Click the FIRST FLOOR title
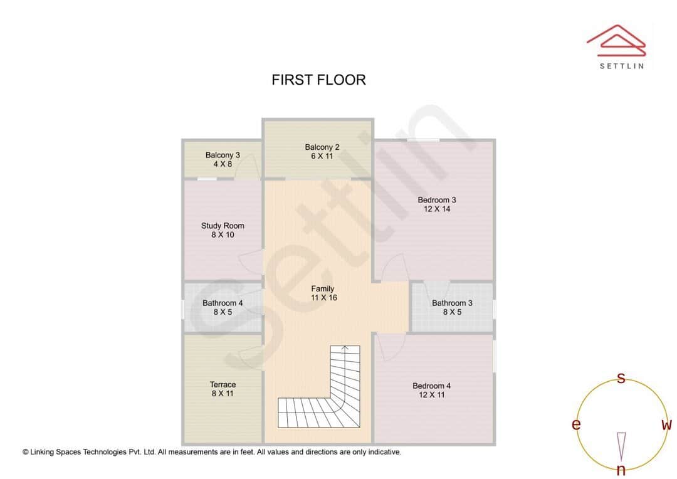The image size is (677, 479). coord(318,80)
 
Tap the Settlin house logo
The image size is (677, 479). coord(616,39)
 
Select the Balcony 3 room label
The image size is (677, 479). coord(223,155)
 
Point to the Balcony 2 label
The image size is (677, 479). coord(322,147)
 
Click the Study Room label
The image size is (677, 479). coord(223,226)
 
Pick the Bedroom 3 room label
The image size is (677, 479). coord(437,200)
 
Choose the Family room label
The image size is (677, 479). coord(323,289)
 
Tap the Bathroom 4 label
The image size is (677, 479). coord(223,303)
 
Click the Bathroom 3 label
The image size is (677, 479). coord(452,303)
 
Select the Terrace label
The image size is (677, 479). coord(223,384)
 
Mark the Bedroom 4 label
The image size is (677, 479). coord(431,386)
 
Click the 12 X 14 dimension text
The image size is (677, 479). coord(437,209)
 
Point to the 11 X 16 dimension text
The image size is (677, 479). coord(323,298)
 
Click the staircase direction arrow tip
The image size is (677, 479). coord(345,346)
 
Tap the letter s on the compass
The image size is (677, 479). coord(621,378)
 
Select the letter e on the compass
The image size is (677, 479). coord(576,424)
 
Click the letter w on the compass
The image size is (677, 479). coord(666,424)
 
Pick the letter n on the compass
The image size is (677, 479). coord(621,470)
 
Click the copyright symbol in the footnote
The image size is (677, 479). coord(26,451)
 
